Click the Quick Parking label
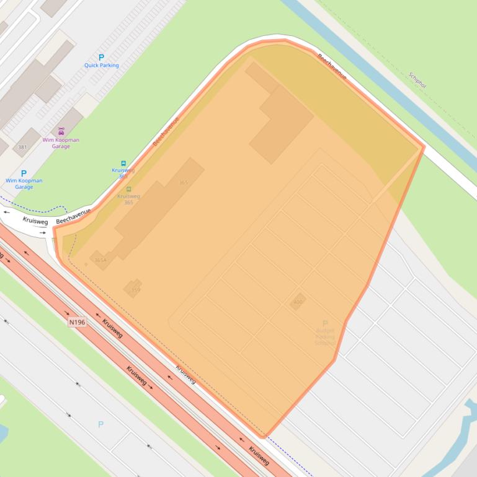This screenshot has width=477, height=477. [101, 65]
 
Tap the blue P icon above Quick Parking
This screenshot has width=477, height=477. [101, 57]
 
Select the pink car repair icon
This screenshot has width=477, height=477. [61, 131]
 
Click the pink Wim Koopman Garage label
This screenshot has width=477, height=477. [61, 143]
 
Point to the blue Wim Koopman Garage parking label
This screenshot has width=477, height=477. [24, 183]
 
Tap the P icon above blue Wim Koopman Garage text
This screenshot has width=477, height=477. [24, 173]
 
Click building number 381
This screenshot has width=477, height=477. [23, 147]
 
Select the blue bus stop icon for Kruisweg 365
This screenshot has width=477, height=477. [123, 164]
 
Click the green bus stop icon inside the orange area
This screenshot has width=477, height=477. [128, 189]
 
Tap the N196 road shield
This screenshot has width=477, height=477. [76, 322]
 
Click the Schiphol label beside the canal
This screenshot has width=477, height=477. [417, 80]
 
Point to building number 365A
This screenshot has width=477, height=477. [100, 261]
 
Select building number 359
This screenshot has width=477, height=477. [135, 289]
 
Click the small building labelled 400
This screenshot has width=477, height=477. [298, 302]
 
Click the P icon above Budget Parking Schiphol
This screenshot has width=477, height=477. [324, 323]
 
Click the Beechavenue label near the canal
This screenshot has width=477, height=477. [332, 66]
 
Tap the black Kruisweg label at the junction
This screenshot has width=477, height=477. [35, 220]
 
